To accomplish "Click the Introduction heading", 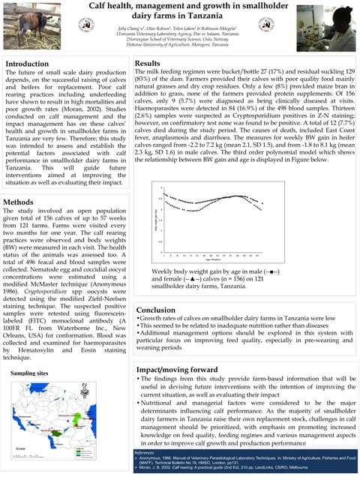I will tap(27, 64).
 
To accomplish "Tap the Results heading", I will tap(148, 64).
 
